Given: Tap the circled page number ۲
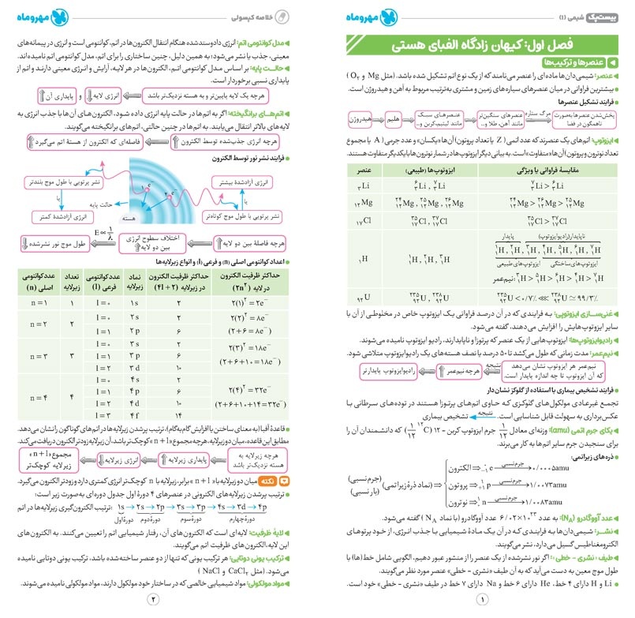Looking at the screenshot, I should click(155, 606).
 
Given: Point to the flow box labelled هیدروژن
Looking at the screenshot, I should click(359, 118).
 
